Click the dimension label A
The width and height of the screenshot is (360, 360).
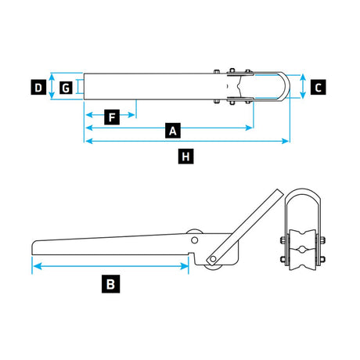pos(173,130)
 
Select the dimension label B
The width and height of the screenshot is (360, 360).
pos(110,283)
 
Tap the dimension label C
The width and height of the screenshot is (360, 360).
pos(318,87)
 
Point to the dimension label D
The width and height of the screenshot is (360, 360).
pos(38,87)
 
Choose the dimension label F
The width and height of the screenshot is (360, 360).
pos(112,117)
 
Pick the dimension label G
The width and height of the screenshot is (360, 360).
pos(66,88)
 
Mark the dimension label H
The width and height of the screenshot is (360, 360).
pos(185,157)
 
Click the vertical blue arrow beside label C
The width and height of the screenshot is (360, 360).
pos(303,86)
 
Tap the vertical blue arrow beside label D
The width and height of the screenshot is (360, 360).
pos(52,86)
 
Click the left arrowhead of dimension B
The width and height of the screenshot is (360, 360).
pos(38,266)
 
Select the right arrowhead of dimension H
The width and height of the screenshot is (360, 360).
pos(286,141)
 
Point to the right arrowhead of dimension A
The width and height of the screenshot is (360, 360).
pos(249,128)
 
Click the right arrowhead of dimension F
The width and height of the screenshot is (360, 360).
pos(131,115)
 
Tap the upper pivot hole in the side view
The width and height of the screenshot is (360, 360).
pos(194,240)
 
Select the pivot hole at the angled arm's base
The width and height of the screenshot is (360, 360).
pos(213,259)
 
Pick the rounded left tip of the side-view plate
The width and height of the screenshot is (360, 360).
pos(33,248)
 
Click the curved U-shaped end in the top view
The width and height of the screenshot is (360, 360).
pos(286,86)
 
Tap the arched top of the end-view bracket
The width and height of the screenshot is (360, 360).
pos(303,193)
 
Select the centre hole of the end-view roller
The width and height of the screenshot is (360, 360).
pos(303,250)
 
